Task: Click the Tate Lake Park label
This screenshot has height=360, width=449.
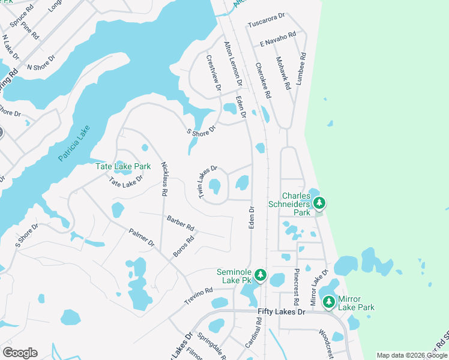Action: point(123,166)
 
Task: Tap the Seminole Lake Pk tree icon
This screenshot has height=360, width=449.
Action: point(260,275)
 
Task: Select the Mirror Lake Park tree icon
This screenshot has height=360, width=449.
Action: point(328,302)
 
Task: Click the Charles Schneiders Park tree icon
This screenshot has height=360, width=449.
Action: point(319,203)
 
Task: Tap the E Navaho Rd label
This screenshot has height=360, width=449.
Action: point(278,40)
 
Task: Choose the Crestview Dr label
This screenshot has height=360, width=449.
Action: point(213,74)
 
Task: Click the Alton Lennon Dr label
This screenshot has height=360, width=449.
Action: point(233,60)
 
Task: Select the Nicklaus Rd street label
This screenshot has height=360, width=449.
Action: point(163,179)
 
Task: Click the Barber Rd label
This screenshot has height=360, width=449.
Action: point(181,223)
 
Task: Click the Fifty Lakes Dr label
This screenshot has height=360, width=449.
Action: point(282,313)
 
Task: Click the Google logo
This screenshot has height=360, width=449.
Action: point(20,353)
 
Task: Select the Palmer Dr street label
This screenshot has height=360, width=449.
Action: point(142,238)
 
